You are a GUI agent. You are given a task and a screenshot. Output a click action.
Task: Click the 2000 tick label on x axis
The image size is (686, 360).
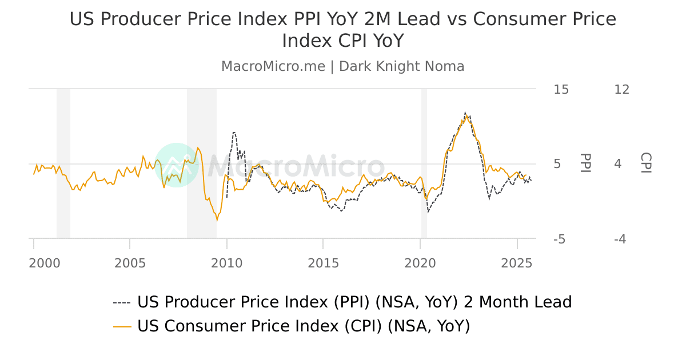[44, 263]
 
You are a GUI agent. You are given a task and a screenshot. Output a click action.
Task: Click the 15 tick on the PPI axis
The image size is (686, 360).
[561, 89]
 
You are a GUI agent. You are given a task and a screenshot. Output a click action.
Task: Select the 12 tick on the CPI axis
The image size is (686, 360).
[621, 89]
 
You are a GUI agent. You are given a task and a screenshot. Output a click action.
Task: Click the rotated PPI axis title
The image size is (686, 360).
[585, 163]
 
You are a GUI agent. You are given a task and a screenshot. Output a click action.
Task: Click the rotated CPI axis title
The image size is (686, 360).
[645, 163]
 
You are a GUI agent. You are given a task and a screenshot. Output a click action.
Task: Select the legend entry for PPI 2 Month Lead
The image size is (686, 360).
[354, 302]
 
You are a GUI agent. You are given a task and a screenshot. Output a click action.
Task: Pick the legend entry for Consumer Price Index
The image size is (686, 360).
[303, 326]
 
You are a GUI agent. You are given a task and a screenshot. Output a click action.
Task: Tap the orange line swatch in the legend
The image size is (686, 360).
[122, 327]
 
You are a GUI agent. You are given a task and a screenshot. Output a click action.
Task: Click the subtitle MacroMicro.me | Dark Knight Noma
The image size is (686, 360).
[343, 66]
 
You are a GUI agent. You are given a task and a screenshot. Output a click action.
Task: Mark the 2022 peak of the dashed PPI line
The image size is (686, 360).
[465, 112]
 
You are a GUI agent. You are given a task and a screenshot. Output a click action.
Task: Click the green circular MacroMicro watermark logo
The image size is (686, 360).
[177, 165]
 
